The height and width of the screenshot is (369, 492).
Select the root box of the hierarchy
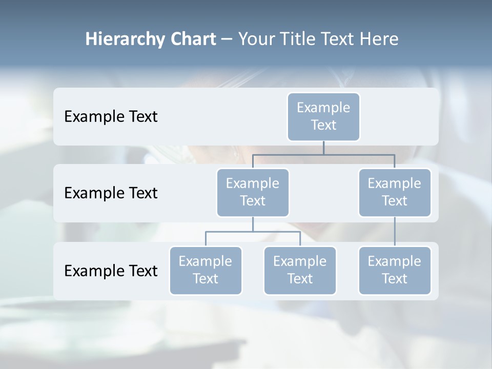323,116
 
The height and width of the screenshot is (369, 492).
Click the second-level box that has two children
253,192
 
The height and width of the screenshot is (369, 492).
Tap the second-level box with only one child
395,192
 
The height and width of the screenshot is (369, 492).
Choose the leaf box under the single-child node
395,270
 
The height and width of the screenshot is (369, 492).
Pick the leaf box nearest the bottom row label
206,270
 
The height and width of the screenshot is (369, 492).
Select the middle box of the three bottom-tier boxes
300,270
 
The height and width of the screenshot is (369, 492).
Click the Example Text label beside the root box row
111,116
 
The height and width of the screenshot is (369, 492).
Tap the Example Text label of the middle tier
111,193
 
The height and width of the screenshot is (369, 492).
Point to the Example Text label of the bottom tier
111,271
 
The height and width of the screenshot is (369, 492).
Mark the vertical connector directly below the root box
323,148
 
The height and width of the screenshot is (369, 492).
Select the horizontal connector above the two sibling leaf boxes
253,232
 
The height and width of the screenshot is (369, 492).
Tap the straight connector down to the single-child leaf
395,232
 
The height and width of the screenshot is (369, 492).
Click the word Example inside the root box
323,108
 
